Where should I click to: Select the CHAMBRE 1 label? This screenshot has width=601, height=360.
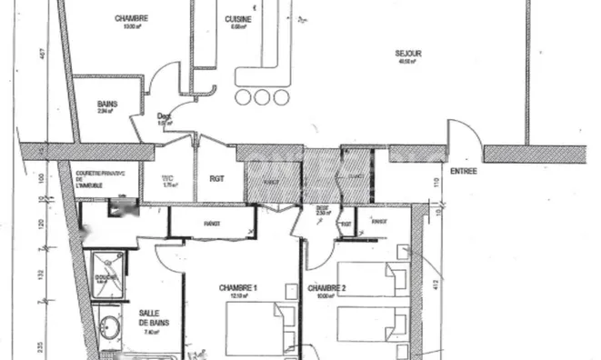(238, 288)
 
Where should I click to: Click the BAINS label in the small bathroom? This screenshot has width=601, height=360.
(107, 105)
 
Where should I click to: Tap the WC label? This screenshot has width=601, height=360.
(167, 178)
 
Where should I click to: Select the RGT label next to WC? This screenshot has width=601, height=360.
(217, 179)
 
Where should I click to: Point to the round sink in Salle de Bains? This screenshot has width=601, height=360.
(111, 325)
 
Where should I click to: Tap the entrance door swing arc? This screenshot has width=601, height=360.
(468, 136)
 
